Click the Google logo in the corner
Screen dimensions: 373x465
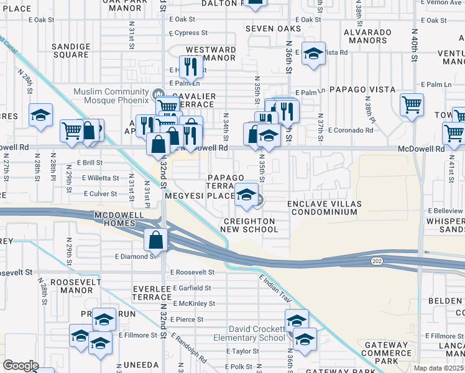pyautogui.click(x=21, y=365)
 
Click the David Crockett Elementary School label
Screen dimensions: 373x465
pyautogui.click(x=249, y=334)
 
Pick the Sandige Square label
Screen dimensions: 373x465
pyautogui.click(x=70, y=50)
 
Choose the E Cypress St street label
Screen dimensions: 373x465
pyautogui.click(x=188, y=33)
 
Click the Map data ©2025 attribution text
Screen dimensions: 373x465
pyautogui.click(x=438, y=368)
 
